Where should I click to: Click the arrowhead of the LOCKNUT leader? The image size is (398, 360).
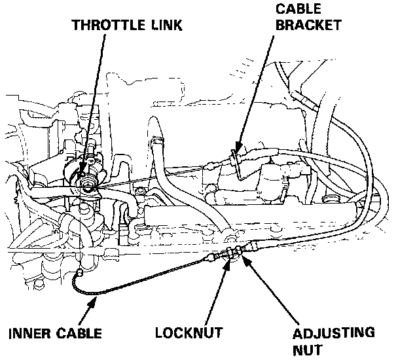[226, 263]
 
